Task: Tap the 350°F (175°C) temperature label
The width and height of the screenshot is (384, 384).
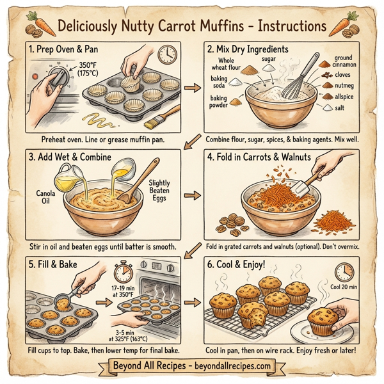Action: (90, 69)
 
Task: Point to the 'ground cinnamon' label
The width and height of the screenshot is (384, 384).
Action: (348, 61)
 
